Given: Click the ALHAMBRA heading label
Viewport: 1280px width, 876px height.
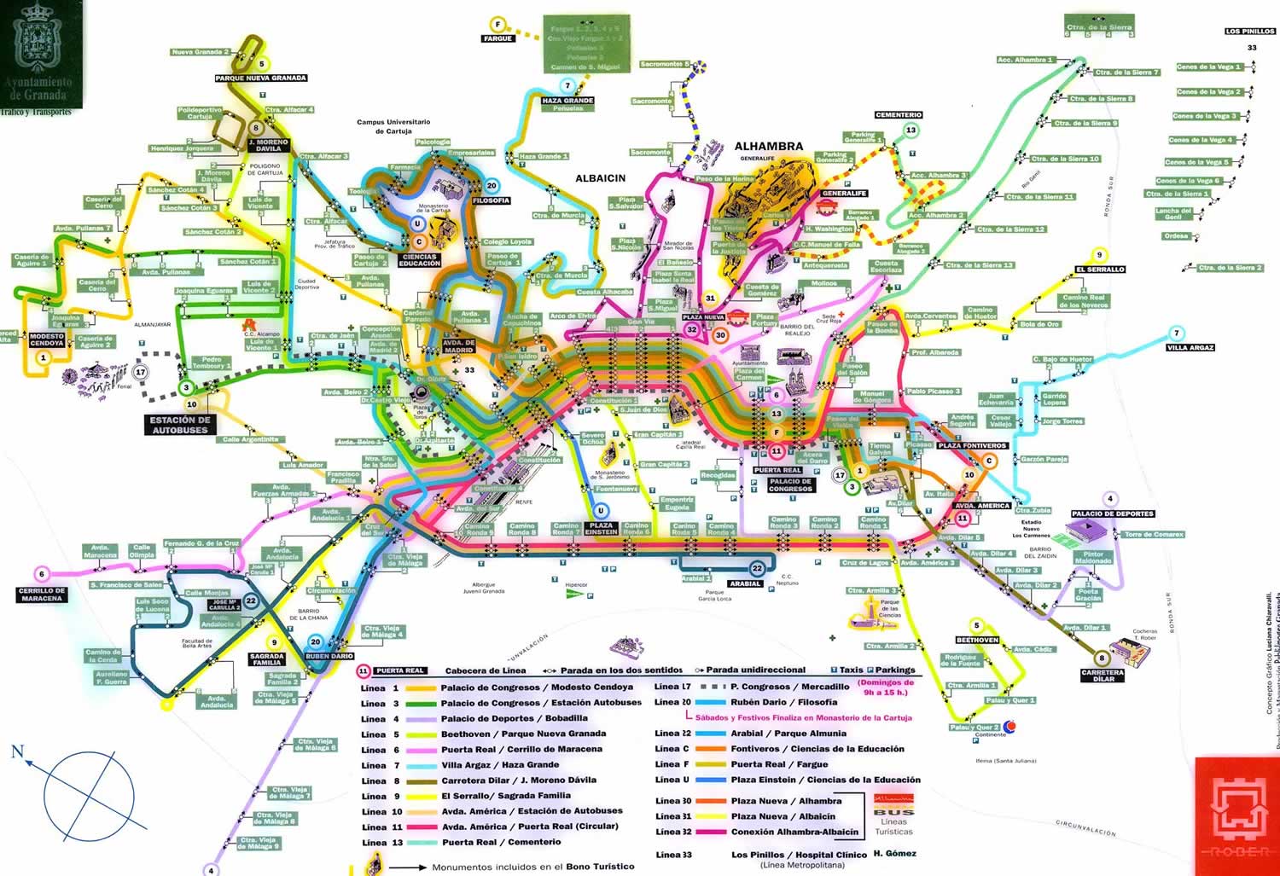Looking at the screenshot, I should point(768,147).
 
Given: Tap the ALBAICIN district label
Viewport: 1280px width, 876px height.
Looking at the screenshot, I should point(600,178).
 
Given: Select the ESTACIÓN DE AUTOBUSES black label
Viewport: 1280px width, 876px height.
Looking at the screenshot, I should point(179,425).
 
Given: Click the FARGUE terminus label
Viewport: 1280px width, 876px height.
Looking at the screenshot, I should point(497,38).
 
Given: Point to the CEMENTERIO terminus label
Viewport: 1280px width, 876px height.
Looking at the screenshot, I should point(898,114).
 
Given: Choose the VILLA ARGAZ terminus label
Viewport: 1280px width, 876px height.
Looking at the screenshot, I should point(1190,347).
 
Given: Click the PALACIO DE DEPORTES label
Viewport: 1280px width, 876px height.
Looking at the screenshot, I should point(1112,513).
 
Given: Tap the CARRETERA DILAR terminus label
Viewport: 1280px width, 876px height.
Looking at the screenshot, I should point(1103,676).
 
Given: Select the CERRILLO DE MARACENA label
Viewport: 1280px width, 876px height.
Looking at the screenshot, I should point(41,594).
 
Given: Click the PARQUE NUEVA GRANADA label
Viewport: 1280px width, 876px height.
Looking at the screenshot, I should point(260,78).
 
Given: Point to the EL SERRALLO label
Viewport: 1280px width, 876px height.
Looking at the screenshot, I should point(1099,270).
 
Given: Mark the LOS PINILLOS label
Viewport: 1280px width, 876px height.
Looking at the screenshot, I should point(1250,32).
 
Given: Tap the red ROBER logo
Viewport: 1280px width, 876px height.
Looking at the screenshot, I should point(1236,815).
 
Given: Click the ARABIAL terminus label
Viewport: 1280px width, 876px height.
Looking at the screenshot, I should point(744,583).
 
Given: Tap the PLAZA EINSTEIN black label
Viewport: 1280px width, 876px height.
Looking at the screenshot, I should point(601,528).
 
